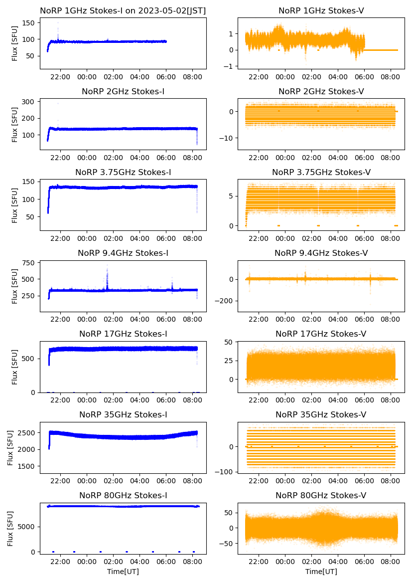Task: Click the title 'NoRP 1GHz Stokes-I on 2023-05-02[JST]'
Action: [x=123, y=10]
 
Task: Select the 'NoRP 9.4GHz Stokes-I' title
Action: [x=123, y=253]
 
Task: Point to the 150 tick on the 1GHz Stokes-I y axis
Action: [x=29, y=23]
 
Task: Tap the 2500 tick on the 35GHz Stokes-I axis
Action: [x=26, y=432]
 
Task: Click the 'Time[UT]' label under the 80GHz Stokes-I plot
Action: [x=123, y=571]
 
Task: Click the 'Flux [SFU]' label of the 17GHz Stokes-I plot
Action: [x=15, y=367]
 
